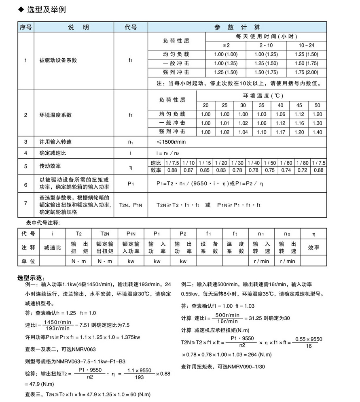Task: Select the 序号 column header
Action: [x=25, y=28]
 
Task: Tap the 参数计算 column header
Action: [x=237, y=28]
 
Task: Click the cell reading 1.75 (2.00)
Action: [x=306, y=72]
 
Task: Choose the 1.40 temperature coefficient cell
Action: [x=318, y=132]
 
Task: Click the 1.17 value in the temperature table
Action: [x=280, y=132]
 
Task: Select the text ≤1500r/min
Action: [x=171, y=142]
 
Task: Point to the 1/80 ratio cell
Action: [x=303, y=162]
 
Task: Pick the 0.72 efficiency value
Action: [x=303, y=170]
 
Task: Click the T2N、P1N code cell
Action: [x=130, y=205]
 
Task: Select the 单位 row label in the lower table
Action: [x=28, y=262]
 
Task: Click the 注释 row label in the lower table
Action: [x=28, y=248]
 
